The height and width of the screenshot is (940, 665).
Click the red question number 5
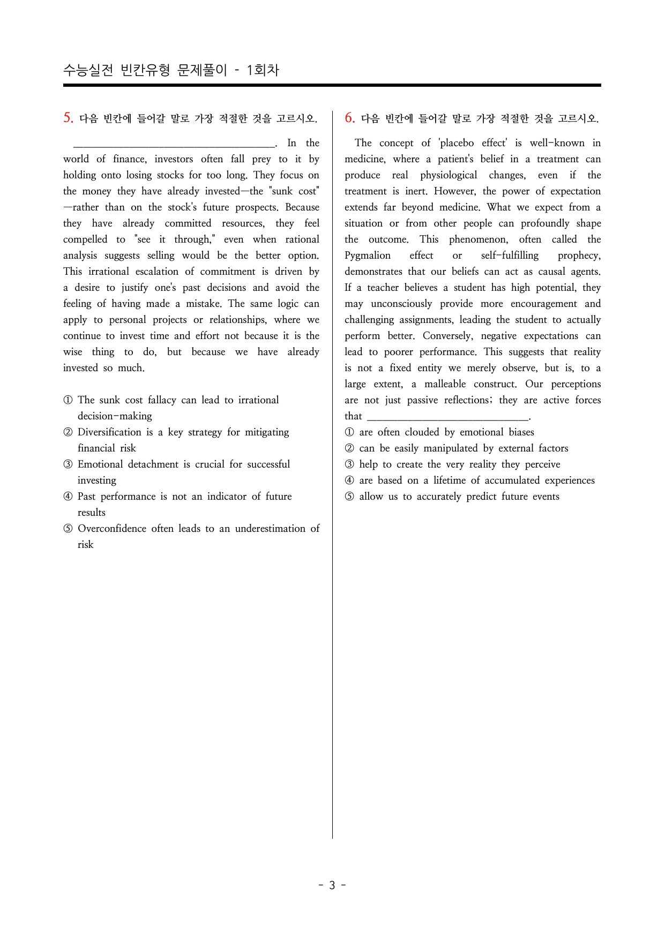pos(68,118)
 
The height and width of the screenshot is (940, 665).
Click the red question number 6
pos(349,118)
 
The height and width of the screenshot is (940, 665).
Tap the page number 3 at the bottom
pos(332,885)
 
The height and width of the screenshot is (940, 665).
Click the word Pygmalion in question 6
pos(368,255)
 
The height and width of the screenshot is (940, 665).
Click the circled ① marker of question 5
pos(68,400)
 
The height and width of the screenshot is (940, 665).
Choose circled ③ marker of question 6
pos(349,464)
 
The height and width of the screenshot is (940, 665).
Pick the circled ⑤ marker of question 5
pos(68,529)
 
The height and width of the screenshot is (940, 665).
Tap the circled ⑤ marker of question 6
pos(349,497)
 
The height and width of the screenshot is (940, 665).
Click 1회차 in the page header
pos(263,70)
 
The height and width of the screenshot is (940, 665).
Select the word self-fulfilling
pos(510,255)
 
